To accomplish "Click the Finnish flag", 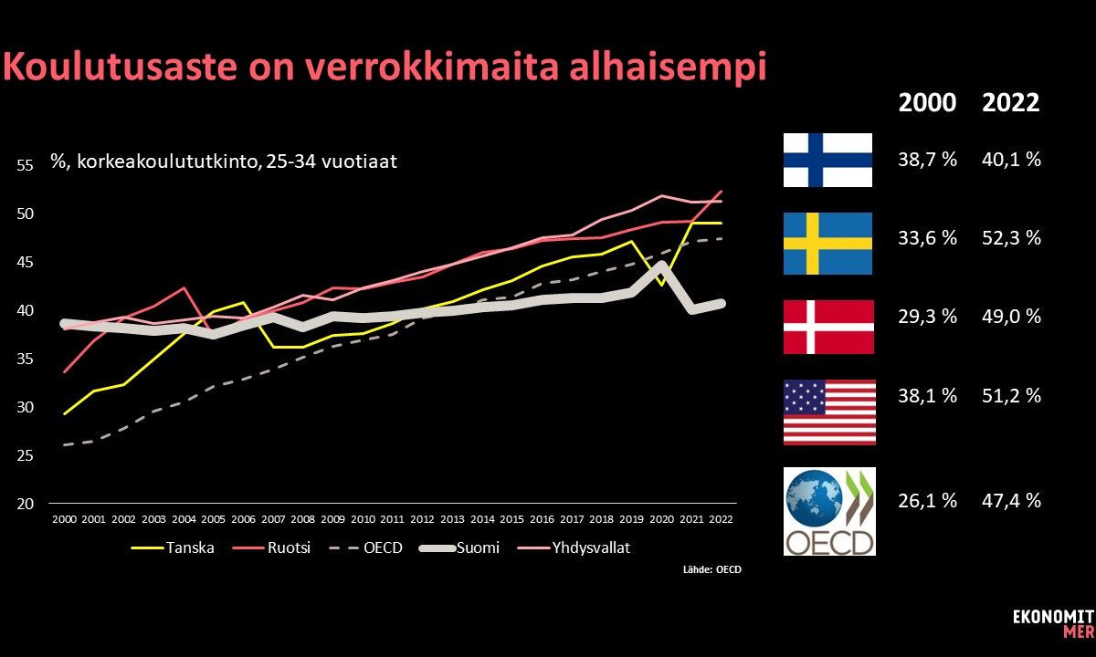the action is click(x=827, y=160).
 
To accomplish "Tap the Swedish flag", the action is click(x=827, y=244).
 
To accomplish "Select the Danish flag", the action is click(x=828, y=327).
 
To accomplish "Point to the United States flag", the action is click(x=829, y=412).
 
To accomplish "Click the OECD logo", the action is click(x=829, y=511).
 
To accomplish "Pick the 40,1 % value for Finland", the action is click(x=1011, y=160).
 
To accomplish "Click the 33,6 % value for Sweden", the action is click(x=927, y=238).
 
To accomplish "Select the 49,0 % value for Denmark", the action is click(x=1011, y=317).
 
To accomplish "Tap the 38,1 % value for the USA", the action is click(x=927, y=395).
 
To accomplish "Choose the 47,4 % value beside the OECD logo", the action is click(x=1011, y=501).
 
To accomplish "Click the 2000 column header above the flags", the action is click(x=927, y=102).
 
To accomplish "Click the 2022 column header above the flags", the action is click(x=1011, y=102).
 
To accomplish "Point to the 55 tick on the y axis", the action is click(x=25, y=165).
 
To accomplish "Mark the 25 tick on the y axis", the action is click(x=25, y=455).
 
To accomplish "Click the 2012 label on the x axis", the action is click(x=422, y=519).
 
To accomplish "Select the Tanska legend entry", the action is click(x=173, y=547).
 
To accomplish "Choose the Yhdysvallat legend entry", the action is click(x=574, y=547).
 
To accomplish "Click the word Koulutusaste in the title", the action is click(x=121, y=66).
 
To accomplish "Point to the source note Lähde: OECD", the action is click(x=712, y=569).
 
